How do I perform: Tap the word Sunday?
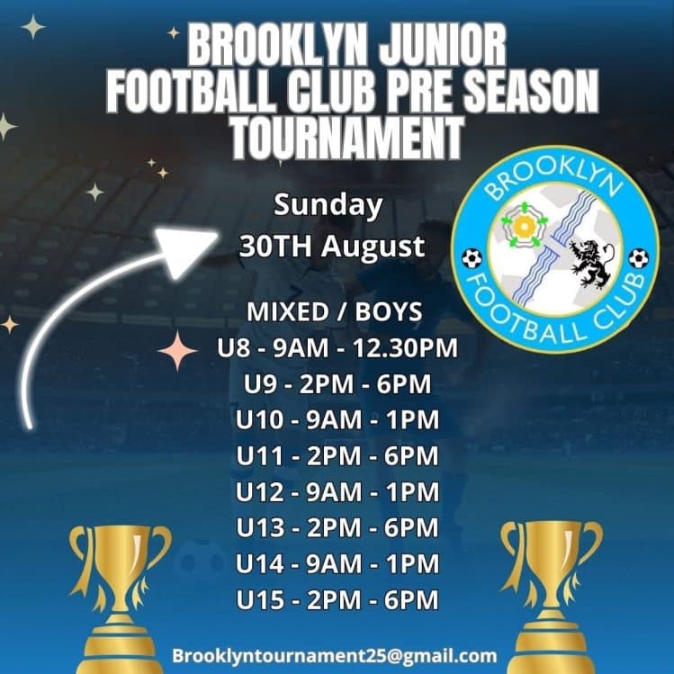(x=328, y=205)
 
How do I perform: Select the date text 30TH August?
(x=332, y=247)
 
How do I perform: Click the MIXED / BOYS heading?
(x=334, y=312)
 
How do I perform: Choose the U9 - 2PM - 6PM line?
(x=337, y=384)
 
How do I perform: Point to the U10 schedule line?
(x=337, y=420)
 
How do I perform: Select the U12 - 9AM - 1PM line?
(x=337, y=493)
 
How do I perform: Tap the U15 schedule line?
(x=337, y=600)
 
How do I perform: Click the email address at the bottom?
(x=335, y=655)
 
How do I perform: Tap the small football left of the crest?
(x=472, y=258)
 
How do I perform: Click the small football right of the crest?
(x=638, y=258)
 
